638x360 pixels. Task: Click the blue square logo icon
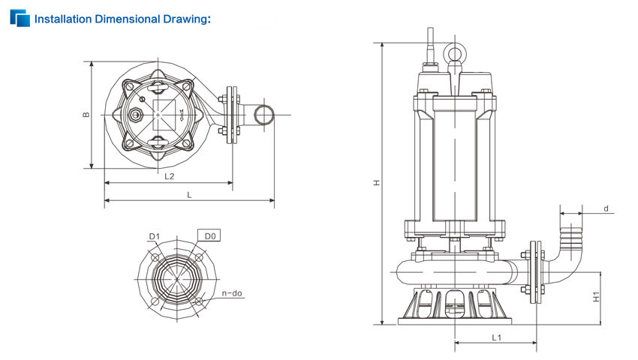[x=20, y=18]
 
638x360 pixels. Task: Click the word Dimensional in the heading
[x=127, y=19]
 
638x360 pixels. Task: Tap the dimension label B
[x=86, y=115]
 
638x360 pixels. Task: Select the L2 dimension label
[x=170, y=176]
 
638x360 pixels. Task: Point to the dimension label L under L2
[x=189, y=195]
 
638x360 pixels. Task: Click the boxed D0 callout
[x=209, y=235]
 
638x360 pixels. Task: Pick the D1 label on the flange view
[x=154, y=236]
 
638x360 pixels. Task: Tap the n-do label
[x=232, y=293]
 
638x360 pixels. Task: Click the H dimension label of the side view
[x=378, y=183]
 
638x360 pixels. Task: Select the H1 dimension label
[x=596, y=297]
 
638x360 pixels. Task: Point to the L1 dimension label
[x=496, y=337]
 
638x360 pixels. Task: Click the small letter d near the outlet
[x=606, y=208]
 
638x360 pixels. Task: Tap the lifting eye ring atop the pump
[x=455, y=52]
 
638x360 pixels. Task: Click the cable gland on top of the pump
[x=430, y=46]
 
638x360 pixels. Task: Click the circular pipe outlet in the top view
[x=264, y=115]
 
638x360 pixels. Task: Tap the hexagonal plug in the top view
[x=134, y=115]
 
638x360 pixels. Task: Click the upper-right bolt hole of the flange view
[x=199, y=257]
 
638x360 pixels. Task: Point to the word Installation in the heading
[x=63, y=19]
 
